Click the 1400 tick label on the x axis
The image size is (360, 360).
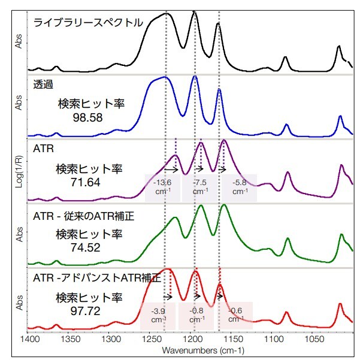(29, 340)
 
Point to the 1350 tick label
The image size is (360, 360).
(70, 340)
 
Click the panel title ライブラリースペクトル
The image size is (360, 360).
(88, 23)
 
